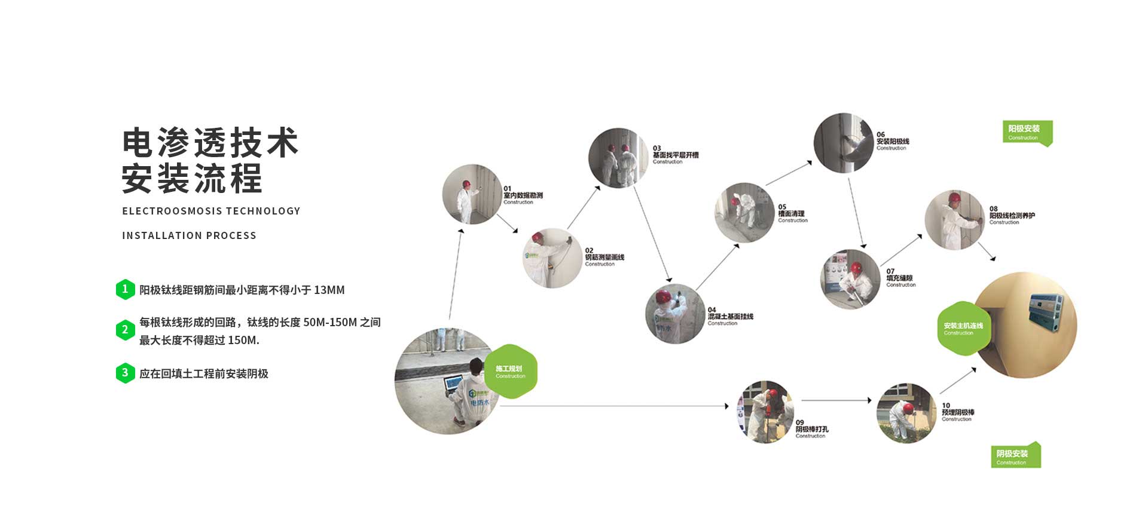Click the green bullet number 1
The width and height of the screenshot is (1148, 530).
click(x=125, y=289)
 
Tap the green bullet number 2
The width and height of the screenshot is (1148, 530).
click(x=125, y=330)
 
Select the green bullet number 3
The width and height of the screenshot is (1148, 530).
click(x=125, y=373)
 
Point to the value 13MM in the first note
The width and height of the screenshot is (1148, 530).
click(x=329, y=290)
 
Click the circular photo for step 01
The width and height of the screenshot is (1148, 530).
click(x=472, y=194)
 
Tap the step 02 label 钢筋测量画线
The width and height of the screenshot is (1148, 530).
click(x=604, y=257)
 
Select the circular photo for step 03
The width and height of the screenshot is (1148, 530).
click(x=618, y=157)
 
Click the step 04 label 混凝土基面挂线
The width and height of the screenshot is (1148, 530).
click(x=730, y=316)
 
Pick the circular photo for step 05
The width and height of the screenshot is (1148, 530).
click(x=745, y=212)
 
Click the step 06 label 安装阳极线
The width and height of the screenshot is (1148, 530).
click(x=893, y=142)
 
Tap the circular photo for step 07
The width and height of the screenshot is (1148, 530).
click(x=850, y=279)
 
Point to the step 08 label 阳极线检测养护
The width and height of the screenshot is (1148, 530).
click(x=1012, y=215)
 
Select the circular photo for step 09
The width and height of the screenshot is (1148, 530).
click(x=765, y=412)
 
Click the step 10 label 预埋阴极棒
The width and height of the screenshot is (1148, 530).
click(x=958, y=412)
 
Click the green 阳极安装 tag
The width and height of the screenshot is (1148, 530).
click(x=1026, y=132)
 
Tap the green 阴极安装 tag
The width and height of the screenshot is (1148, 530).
click(x=1015, y=455)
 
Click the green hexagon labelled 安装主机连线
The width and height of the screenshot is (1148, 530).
click(x=963, y=328)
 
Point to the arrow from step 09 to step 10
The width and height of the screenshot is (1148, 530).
click(x=836, y=400)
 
